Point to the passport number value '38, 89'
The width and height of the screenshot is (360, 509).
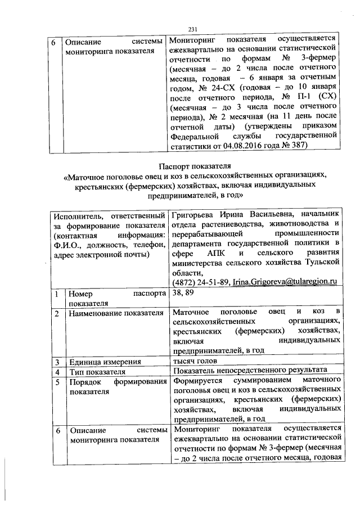point(182,293)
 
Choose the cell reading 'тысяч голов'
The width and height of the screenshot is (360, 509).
point(194,361)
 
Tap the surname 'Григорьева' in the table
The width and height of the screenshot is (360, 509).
point(193,214)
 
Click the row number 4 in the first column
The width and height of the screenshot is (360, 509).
point(56,372)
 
